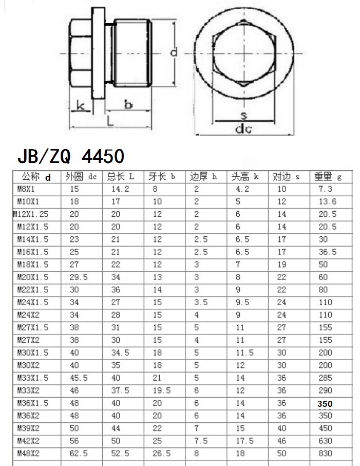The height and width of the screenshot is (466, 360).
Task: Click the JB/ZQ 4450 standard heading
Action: (x=70, y=155)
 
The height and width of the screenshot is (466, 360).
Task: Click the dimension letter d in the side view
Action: (x=174, y=52)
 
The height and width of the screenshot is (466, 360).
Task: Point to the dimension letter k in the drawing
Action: (x=80, y=106)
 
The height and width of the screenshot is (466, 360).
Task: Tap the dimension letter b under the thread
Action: (x=128, y=105)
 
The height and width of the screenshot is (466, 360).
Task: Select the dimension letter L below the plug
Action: (x=110, y=120)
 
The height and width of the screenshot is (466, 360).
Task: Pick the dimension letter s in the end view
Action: (x=244, y=115)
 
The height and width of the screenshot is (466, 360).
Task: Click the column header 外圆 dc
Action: (x=81, y=177)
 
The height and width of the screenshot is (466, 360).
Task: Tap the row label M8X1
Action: (x=27, y=189)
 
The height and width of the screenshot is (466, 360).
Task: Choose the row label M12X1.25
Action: (x=31, y=214)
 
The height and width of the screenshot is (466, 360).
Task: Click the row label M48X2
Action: (x=29, y=453)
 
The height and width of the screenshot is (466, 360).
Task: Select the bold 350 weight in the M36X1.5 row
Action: (x=325, y=404)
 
